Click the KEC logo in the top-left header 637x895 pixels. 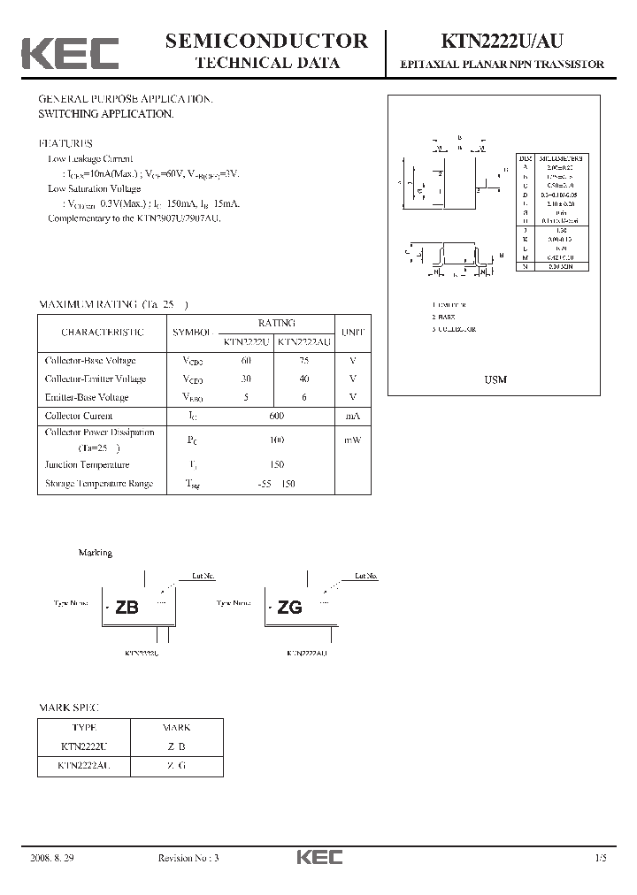click(69, 53)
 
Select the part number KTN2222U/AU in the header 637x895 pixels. click(503, 41)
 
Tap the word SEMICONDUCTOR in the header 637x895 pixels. click(266, 41)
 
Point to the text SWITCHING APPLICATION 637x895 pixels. click(105, 114)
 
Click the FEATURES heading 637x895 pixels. click(65, 143)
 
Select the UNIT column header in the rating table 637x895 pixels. click(353, 332)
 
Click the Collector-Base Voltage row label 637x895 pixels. click(90, 361)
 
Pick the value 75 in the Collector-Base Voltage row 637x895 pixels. click(304, 361)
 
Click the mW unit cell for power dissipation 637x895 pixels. click(353, 440)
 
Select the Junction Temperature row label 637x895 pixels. click(87, 464)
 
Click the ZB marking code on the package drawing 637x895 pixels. click(127, 608)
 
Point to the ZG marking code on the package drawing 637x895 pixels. click(289, 608)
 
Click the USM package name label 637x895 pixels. click(495, 379)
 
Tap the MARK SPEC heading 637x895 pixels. click(69, 708)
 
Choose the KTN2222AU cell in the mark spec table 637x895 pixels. click(84, 765)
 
